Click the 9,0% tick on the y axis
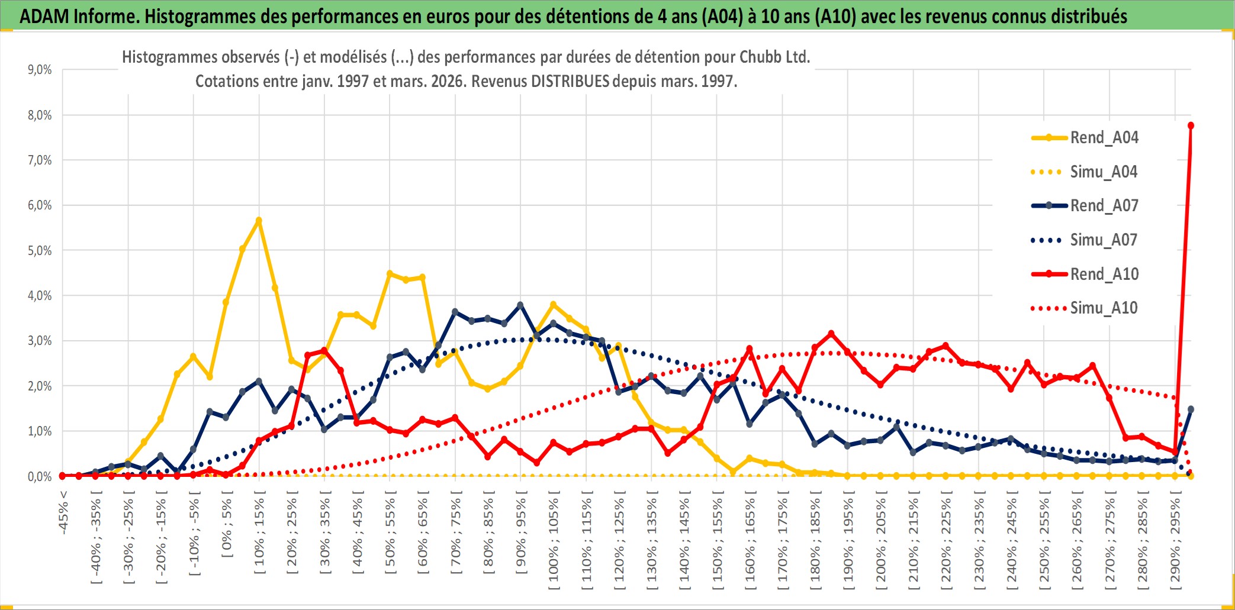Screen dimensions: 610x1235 pyautogui.click(x=40, y=70)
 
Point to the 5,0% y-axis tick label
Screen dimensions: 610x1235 pyautogui.click(x=40, y=251)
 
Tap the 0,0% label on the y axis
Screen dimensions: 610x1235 pyautogui.click(x=40, y=477)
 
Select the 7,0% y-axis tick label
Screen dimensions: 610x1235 pyautogui.click(x=40, y=160)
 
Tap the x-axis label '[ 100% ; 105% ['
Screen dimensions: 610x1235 pyautogui.click(x=554, y=544)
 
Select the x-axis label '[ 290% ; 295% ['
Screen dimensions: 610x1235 pyautogui.click(x=1176, y=544)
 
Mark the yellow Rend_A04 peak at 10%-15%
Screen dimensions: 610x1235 pyautogui.click(x=259, y=221)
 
